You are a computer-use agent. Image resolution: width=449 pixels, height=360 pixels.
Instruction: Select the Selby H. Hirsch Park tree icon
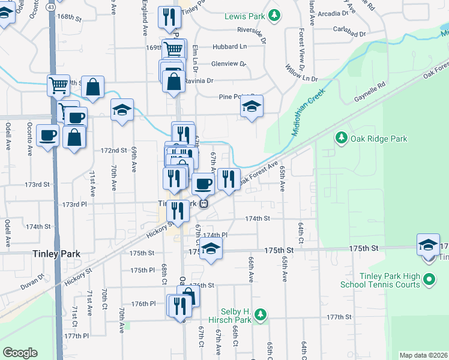click(x=260, y=314)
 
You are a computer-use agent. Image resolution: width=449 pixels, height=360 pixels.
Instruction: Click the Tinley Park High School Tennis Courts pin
click(x=429, y=280)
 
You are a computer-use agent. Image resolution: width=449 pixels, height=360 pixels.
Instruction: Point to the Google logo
click(x=20, y=353)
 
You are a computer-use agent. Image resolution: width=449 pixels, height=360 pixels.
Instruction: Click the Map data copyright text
click(x=423, y=355)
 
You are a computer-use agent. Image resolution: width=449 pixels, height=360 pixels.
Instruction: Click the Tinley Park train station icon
click(x=204, y=203)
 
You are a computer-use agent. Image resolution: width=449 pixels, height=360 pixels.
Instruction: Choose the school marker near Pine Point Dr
click(x=252, y=107)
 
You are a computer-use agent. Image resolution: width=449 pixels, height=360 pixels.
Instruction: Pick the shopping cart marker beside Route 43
click(x=59, y=86)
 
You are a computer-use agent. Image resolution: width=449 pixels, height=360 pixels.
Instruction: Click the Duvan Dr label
click(x=34, y=280)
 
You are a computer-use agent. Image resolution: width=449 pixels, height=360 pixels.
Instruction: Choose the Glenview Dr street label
click(x=229, y=64)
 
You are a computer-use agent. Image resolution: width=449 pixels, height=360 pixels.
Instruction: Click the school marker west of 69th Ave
click(x=122, y=110)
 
